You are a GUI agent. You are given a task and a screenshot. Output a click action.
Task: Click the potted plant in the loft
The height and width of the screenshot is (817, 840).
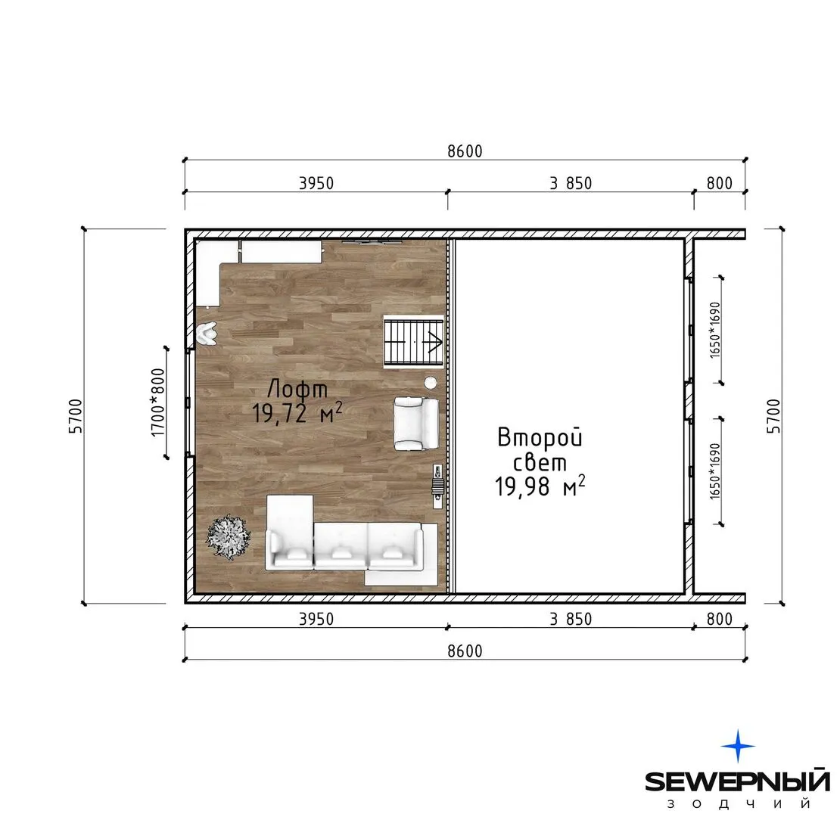tap(229, 537)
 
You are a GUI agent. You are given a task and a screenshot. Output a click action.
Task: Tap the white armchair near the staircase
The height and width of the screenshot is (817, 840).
tap(416, 423)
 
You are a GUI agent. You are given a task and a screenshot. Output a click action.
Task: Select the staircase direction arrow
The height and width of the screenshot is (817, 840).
tap(433, 341)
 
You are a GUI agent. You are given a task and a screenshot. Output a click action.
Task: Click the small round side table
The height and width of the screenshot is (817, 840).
tap(430, 382)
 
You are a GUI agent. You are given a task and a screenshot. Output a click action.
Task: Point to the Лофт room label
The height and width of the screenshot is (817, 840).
tap(297, 389)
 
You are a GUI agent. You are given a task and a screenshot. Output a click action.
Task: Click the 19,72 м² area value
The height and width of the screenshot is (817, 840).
tap(297, 413)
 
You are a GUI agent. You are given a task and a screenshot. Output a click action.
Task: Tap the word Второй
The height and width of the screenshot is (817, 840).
tap(540, 437)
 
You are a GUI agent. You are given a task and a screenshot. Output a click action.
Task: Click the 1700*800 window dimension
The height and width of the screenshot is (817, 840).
tap(158, 402)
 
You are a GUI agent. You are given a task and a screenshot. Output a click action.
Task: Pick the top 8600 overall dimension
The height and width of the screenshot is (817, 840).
tap(465, 151)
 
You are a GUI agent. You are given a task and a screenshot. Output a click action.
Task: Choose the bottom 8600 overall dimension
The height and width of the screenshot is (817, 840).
tap(465, 651)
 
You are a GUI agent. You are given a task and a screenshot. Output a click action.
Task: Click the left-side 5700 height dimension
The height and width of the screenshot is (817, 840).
tap(76, 416)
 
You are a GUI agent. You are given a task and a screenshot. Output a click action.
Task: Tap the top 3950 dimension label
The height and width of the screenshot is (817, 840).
tap(316, 183)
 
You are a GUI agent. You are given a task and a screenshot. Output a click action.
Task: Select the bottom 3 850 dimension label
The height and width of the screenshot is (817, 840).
tap(571, 619)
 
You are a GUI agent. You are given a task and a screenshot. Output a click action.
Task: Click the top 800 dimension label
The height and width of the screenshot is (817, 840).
tap(719, 183)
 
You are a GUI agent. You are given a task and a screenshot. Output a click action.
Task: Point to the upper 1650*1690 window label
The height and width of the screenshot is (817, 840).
tap(715, 331)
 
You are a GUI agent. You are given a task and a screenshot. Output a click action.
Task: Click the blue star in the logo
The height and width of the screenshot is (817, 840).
tap(738, 746)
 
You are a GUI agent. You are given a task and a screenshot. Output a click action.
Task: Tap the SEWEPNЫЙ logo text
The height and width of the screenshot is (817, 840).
tap(738, 781)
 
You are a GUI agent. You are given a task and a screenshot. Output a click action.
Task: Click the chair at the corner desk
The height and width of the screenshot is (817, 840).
tap(207, 334)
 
